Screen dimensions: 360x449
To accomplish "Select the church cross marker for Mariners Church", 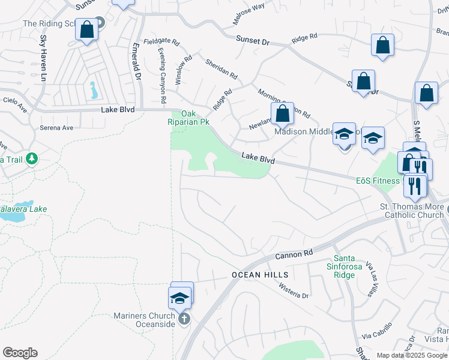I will point(184,319).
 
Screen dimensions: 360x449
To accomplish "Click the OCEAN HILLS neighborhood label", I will point(261,275).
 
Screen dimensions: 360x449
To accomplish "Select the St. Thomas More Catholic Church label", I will point(413,211).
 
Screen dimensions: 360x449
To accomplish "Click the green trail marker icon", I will point(31,159).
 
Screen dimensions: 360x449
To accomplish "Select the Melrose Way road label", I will point(249,15).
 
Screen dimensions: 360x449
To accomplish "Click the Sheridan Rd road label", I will point(221,70).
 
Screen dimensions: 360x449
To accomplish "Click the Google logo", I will point(20,353).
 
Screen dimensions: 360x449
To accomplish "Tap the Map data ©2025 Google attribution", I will point(412,355).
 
